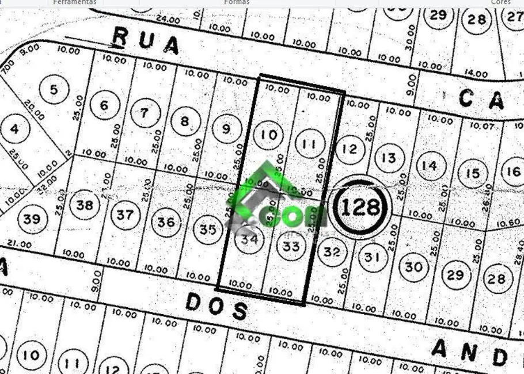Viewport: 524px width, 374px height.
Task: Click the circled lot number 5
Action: pos(55,90)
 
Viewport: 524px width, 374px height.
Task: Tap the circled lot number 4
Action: pos(14,128)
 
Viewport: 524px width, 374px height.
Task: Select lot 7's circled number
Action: pos(145,113)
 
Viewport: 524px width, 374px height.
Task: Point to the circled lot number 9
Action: pos(226,129)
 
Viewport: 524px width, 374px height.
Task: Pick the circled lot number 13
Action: pos(389,158)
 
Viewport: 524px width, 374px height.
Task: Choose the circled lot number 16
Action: pos(512,171)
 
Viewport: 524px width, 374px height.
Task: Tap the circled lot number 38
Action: pos(85,205)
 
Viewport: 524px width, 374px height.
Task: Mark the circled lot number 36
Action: pos(166,222)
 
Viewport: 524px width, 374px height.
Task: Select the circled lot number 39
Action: pos(32,219)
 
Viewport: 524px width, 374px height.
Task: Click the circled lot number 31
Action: pos(373,257)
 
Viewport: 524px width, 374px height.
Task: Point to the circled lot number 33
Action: pos(291,247)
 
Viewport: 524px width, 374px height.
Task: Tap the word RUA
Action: pos(145,40)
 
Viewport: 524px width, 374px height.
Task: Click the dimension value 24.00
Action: pos(168,20)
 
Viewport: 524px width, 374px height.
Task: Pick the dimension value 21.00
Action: pos(20,244)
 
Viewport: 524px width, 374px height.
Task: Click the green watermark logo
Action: pos(276,199)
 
